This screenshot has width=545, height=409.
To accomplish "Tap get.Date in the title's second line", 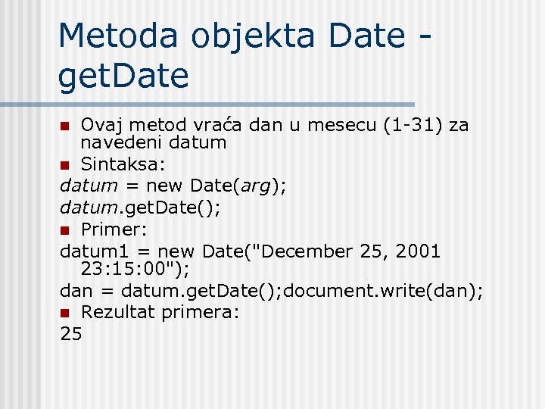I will point(123,76).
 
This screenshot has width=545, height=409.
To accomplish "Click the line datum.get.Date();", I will point(140,206).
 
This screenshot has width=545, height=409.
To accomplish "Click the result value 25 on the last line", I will point(70,333).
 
